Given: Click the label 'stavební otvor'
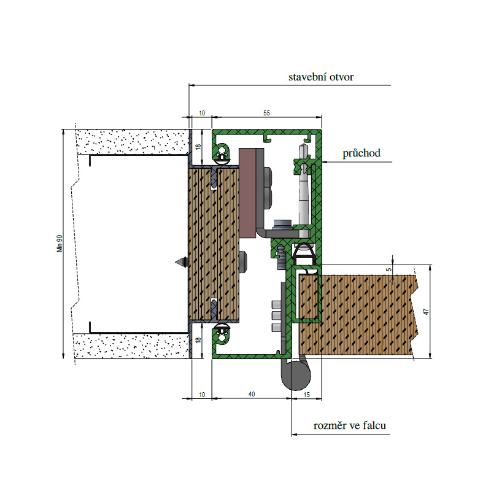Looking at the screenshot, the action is point(320,77).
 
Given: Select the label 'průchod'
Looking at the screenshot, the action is point(361,153).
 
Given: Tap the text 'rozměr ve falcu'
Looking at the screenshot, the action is point(349,425).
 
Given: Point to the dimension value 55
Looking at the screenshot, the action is point(266,113).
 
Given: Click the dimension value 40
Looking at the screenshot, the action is point(252,394).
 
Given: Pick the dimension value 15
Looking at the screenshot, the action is point(306,395).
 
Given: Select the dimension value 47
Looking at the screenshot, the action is point(426,312).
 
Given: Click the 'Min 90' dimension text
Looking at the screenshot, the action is point(60,243).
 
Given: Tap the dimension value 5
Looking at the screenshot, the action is point(389,269).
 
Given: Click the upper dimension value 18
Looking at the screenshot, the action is point(198,146).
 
